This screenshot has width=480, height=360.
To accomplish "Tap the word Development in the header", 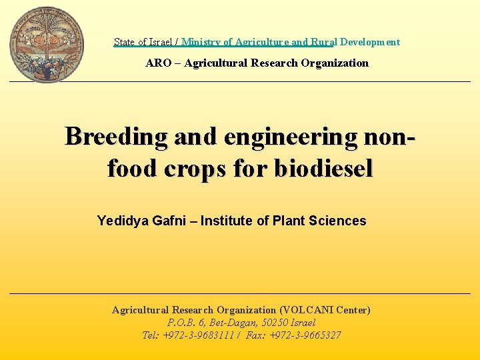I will pyautogui.click(x=370, y=42).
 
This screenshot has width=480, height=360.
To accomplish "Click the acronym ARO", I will pyautogui.click(x=159, y=63).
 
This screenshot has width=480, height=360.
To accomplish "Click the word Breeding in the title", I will pyautogui.click(x=116, y=136).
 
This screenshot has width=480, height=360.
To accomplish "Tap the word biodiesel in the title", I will pyautogui.click(x=322, y=168).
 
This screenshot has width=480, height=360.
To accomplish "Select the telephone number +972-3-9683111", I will pyautogui.click(x=199, y=335).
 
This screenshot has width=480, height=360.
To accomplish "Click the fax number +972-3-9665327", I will pyautogui.click(x=305, y=335).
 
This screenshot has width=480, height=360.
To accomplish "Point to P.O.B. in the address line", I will pyautogui.click(x=181, y=323).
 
